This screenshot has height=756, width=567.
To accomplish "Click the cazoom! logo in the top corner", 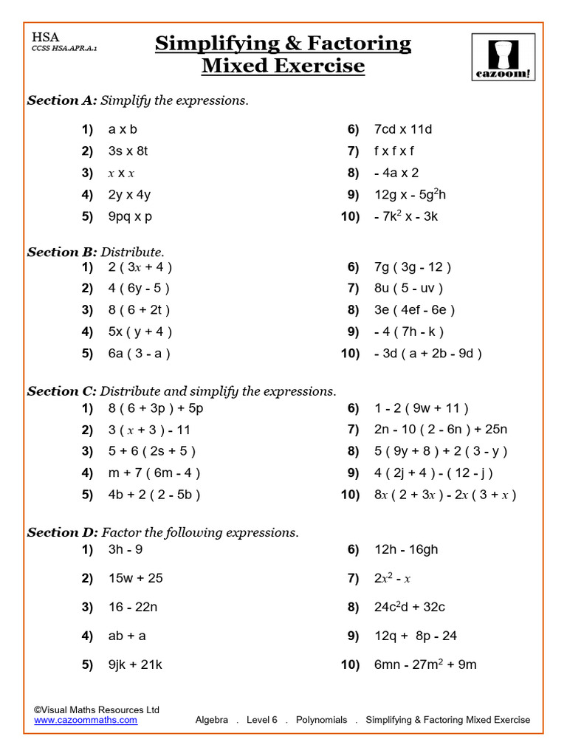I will point(504,58).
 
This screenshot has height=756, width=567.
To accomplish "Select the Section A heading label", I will point(63,100).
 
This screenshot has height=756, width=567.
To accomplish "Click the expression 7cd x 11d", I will point(402,129).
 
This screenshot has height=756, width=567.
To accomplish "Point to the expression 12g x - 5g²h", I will point(410,195).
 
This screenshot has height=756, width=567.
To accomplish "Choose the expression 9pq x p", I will point(130,217).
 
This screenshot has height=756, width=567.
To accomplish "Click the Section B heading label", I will point(63,252).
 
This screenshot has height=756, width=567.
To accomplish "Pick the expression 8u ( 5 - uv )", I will point(408,289).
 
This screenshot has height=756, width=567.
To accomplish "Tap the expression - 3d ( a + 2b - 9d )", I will point(427,354).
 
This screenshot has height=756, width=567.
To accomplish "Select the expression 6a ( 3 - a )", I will point(139,354).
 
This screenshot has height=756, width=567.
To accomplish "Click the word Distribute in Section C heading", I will point(131,391).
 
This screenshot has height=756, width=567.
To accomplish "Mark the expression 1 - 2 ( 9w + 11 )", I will point(421,408).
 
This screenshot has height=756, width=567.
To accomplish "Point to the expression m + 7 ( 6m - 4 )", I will point(154,473).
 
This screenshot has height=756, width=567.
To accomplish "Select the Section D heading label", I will point(63,532).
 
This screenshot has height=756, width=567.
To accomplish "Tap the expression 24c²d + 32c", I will point(409,607).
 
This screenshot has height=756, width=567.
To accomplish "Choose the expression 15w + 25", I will point(135,578).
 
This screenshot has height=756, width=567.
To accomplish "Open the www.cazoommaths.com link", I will point(86,720).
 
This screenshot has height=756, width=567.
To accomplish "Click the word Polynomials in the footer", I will point(321,720).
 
